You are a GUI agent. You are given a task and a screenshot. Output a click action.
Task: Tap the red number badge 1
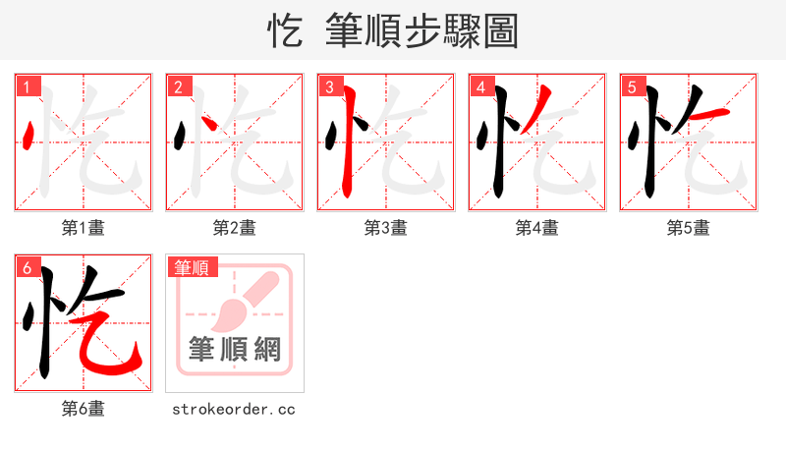click(x=27, y=86)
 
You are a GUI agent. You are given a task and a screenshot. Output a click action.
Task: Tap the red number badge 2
click(x=178, y=86)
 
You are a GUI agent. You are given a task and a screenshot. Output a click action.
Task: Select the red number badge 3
click(x=329, y=86)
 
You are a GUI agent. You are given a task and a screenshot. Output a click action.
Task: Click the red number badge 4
click(x=480, y=86)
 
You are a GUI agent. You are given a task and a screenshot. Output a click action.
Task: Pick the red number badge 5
click(x=632, y=86)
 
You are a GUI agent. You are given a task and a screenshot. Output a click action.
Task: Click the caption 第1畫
click(x=84, y=228)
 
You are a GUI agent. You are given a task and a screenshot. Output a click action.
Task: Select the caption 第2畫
click(x=235, y=228)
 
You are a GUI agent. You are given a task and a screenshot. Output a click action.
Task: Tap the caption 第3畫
click(x=386, y=228)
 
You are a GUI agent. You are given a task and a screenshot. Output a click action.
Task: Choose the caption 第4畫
click(x=537, y=228)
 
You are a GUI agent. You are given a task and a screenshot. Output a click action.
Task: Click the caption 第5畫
click(x=689, y=228)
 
